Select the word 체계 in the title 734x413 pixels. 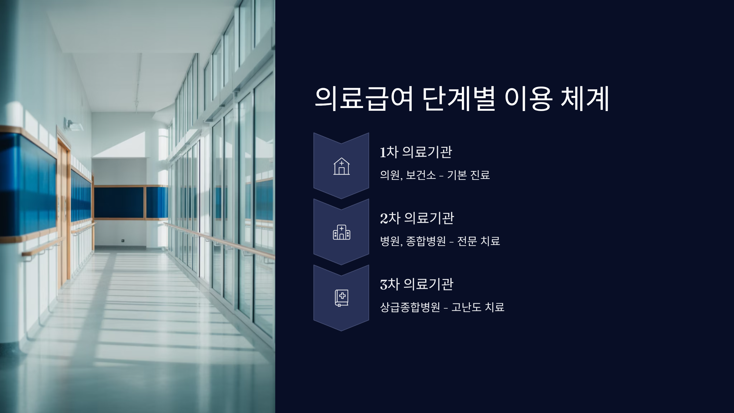pyautogui.click(x=585, y=99)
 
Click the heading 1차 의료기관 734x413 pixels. pyautogui.click(x=416, y=152)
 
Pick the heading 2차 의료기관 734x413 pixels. pyautogui.click(x=417, y=218)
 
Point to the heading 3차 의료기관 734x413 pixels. pyautogui.click(x=417, y=284)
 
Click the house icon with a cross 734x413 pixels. pyautogui.click(x=341, y=166)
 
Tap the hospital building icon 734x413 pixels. pyautogui.click(x=341, y=233)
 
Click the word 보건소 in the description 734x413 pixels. pyautogui.click(x=421, y=175)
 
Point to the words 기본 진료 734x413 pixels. pyautogui.click(x=469, y=175)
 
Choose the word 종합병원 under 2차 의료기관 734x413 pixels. pyautogui.click(x=426, y=241)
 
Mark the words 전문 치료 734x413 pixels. pyautogui.click(x=479, y=241)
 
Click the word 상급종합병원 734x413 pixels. pyautogui.click(x=410, y=307)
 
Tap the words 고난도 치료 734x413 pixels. pyautogui.click(x=478, y=307)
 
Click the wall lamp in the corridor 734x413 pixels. pyautogui.click(x=73, y=125)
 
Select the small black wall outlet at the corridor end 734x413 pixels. pyautogui.click(x=123, y=241)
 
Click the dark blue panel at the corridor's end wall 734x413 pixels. pyautogui.click(x=119, y=202)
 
